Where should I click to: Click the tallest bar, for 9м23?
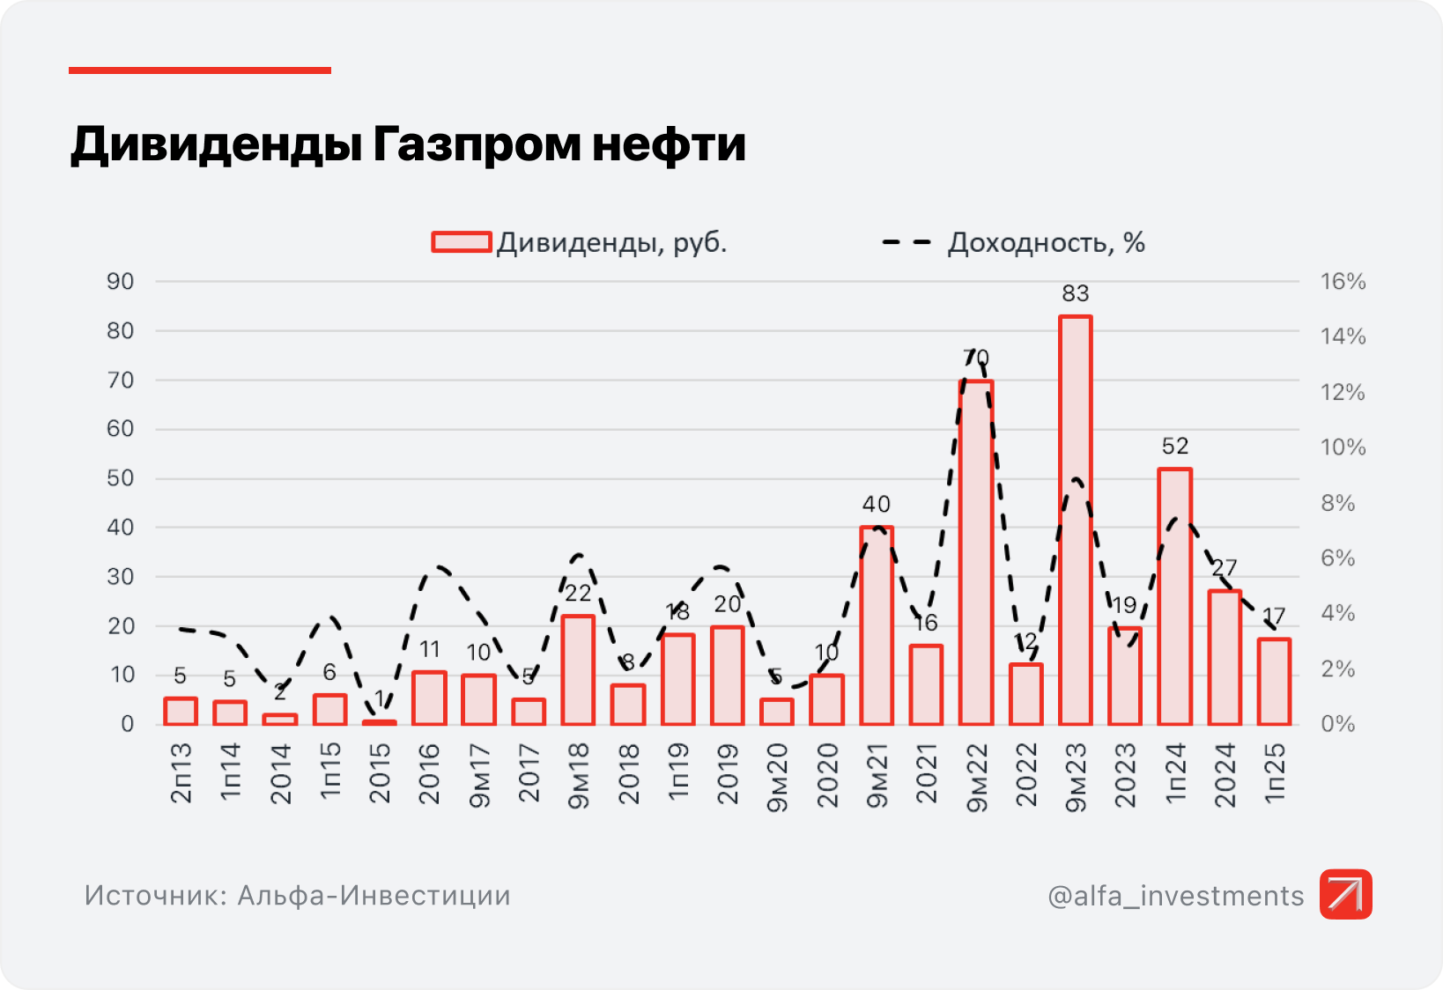1075,520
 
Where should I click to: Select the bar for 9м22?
975,552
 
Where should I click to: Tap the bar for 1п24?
1174,596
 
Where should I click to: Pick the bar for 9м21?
876,625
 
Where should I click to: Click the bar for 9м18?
578,669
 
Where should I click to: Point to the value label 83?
1075,293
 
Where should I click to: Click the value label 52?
1174,447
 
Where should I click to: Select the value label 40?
876,505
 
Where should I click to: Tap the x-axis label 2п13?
181,772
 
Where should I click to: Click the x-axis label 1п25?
1275,772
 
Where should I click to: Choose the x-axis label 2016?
429,773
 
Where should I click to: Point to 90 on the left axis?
120,282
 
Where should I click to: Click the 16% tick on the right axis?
1343,282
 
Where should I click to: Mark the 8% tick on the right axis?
1337,503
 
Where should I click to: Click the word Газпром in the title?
476,144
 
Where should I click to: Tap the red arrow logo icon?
1345,894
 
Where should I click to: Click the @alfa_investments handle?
1175,896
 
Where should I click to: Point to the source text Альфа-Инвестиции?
374,896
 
